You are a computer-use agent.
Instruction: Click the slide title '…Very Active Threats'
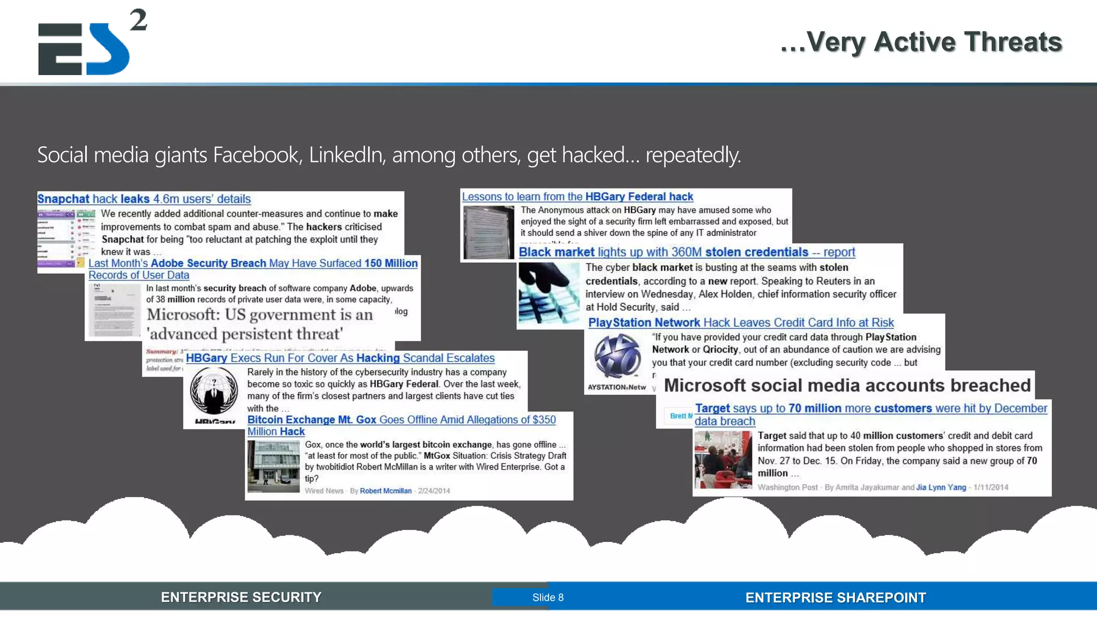(921, 42)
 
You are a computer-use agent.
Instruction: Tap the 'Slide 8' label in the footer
(547, 597)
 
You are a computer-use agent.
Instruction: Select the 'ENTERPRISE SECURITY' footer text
(241, 597)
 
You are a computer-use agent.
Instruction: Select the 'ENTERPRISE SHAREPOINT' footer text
(835, 597)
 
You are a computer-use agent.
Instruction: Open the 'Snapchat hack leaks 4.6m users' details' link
(144, 199)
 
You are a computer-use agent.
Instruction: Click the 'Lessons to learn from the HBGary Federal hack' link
(577, 197)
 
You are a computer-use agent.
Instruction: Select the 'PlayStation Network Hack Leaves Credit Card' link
(741, 322)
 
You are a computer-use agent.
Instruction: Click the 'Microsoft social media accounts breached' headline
(847, 385)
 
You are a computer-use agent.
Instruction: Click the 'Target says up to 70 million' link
(870, 409)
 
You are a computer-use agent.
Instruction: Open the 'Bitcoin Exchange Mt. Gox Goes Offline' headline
(401, 420)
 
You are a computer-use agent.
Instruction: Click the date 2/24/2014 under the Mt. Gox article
(434, 491)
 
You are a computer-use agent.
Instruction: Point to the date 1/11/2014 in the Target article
(990, 487)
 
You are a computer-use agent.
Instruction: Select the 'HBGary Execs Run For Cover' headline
(340, 358)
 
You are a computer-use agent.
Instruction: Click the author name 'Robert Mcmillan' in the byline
(386, 491)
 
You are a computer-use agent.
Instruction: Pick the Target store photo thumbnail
(723, 460)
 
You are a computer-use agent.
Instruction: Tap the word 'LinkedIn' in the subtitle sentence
(345, 155)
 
